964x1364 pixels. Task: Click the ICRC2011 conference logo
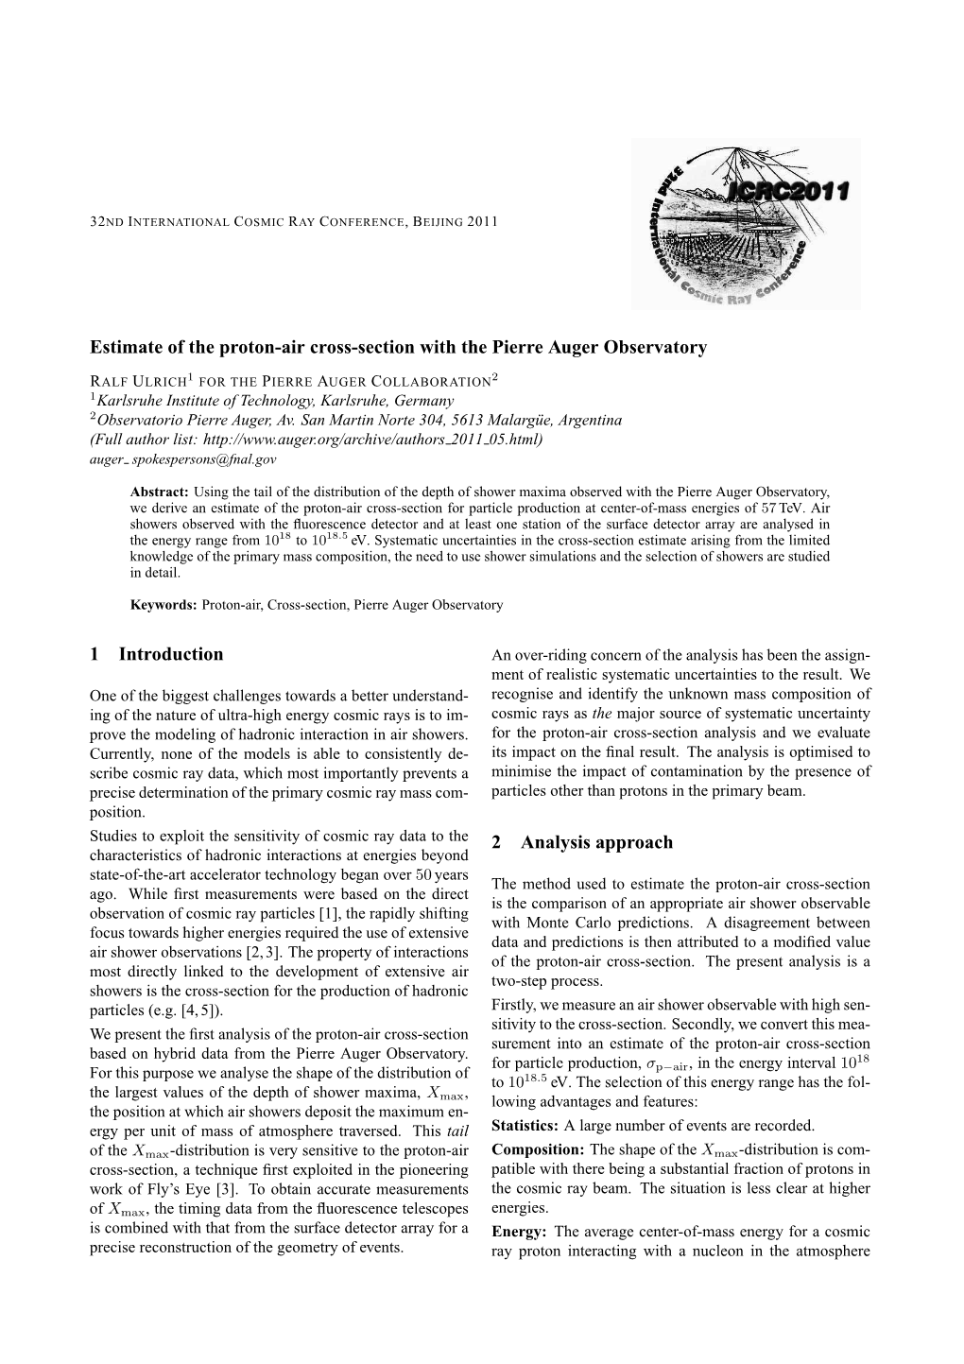(x=746, y=223)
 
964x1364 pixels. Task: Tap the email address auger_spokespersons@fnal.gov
(x=182, y=459)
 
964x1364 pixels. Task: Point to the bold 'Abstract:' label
(x=160, y=492)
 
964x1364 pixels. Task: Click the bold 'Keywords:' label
(x=163, y=605)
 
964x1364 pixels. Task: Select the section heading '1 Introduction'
(x=157, y=654)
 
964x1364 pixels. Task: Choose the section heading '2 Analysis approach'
(x=583, y=842)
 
